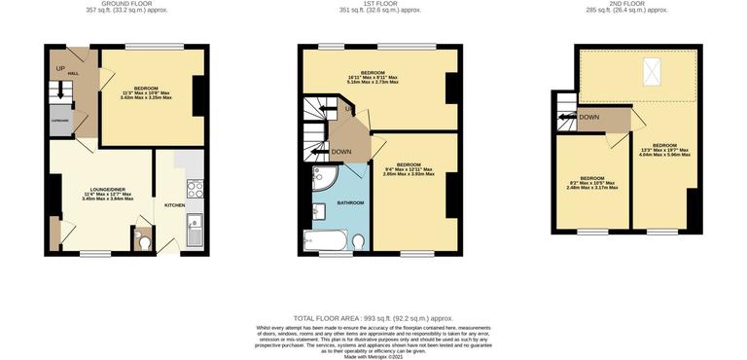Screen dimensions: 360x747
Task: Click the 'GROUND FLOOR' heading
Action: click(125, 4)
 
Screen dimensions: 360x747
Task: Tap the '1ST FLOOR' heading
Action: click(378, 4)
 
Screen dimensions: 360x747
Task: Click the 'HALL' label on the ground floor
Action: click(73, 73)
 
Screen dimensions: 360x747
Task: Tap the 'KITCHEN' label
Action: click(174, 205)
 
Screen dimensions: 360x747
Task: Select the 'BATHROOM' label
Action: click(350, 202)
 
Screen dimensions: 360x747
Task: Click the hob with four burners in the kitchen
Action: click(195, 188)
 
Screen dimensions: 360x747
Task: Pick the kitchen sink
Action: click(194, 231)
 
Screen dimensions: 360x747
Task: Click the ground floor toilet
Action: click(143, 239)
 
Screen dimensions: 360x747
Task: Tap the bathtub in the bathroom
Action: click(324, 240)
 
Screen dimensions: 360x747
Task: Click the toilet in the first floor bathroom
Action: click(358, 240)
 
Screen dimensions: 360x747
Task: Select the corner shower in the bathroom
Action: click(323, 177)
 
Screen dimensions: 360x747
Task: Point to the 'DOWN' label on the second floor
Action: click(589, 117)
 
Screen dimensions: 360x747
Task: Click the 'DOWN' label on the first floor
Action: click(341, 152)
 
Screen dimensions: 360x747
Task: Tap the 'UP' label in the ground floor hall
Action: click(60, 68)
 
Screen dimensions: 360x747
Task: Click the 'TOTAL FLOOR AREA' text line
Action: click(373, 318)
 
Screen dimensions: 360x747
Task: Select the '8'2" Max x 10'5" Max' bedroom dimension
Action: click(592, 188)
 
